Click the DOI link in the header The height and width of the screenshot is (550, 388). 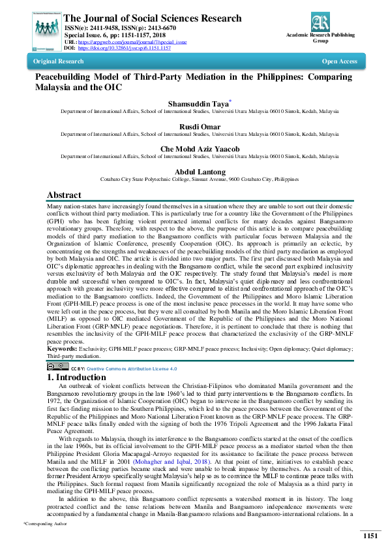tap(125, 48)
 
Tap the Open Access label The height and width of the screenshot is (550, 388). tap(339, 61)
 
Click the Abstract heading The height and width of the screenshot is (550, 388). tap(64, 195)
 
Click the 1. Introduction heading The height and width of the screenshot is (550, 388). tap(82, 378)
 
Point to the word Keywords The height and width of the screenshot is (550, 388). tap(61, 349)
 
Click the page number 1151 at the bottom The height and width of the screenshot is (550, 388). tap(370, 536)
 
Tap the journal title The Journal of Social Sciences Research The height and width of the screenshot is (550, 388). tap(153, 18)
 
